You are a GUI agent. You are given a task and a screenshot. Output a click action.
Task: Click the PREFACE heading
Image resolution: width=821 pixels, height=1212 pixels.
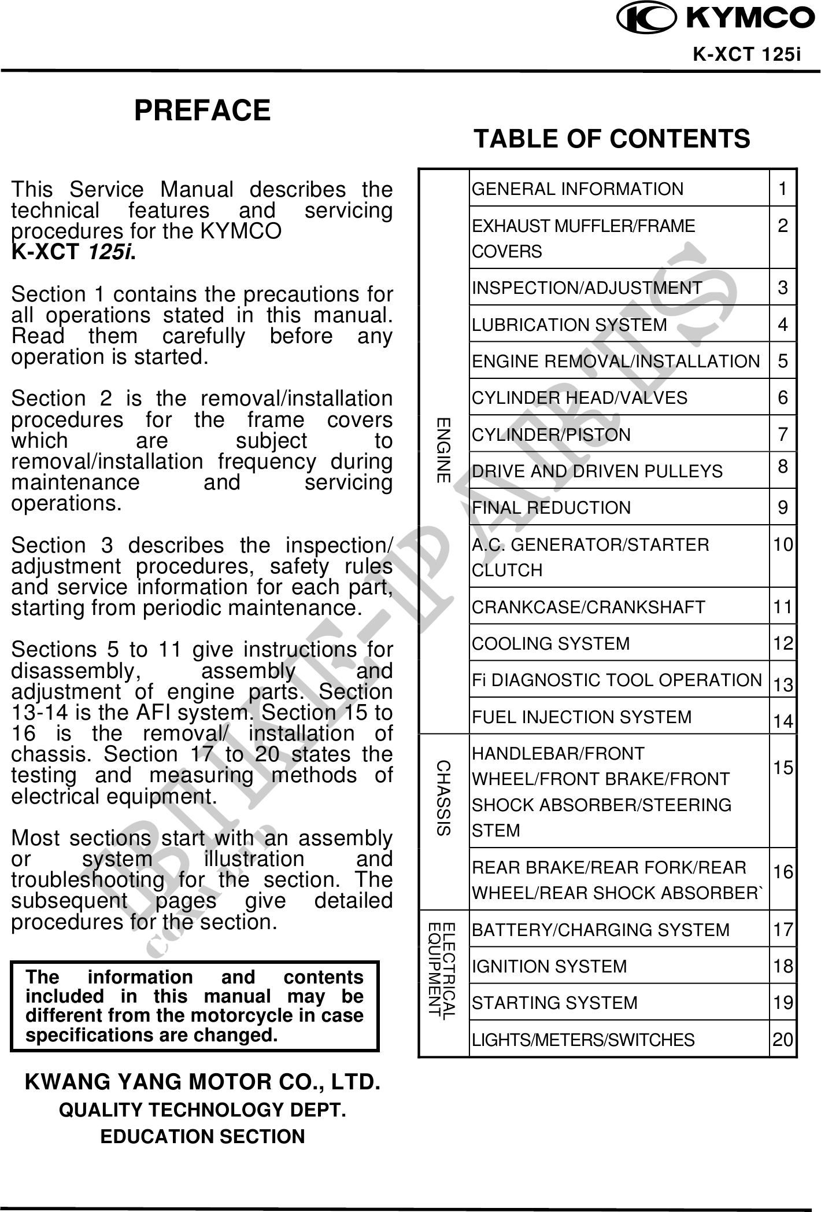pyautogui.click(x=202, y=110)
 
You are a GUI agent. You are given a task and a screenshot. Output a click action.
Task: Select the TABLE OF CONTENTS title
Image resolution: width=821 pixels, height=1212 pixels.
pyautogui.click(x=612, y=139)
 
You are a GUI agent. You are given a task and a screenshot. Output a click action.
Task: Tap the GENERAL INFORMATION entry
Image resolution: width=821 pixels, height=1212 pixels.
pyautogui.click(x=578, y=189)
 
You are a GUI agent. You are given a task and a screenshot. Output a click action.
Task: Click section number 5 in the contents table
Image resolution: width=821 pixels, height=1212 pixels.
pyautogui.click(x=783, y=361)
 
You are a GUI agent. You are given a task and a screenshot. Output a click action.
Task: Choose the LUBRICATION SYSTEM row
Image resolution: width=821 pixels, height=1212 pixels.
pyautogui.click(x=569, y=325)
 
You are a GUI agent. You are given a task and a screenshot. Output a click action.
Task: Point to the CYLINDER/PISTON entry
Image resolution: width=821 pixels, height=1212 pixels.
pyautogui.click(x=552, y=434)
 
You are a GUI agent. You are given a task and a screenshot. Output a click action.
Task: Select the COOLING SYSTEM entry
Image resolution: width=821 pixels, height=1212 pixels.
pyautogui.click(x=551, y=643)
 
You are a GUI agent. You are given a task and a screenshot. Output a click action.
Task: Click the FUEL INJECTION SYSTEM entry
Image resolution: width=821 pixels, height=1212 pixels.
pyautogui.click(x=582, y=717)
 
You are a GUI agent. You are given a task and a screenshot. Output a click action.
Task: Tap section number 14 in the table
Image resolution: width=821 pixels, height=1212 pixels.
pyautogui.click(x=783, y=721)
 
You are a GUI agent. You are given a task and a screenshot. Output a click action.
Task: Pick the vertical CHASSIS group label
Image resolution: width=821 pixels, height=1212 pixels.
pyautogui.click(x=443, y=798)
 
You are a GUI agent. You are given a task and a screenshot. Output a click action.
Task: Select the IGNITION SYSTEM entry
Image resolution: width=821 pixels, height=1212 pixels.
pyautogui.click(x=549, y=966)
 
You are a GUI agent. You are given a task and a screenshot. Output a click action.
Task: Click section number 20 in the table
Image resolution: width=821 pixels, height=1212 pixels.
pyautogui.click(x=783, y=1040)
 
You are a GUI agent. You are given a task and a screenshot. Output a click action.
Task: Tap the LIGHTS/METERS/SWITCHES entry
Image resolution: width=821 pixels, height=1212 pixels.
pyautogui.click(x=583, y=1040)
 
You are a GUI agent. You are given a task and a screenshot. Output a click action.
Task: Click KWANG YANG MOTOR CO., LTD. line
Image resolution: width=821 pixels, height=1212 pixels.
pyautogui.click(x=203, y=1082)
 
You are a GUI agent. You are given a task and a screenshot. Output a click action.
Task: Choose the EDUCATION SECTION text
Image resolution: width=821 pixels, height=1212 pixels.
pyautogui.click(x=203, y=1136)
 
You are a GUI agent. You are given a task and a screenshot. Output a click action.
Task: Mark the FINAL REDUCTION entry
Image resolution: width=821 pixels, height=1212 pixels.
pyautogui.click(x=552, y=507)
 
